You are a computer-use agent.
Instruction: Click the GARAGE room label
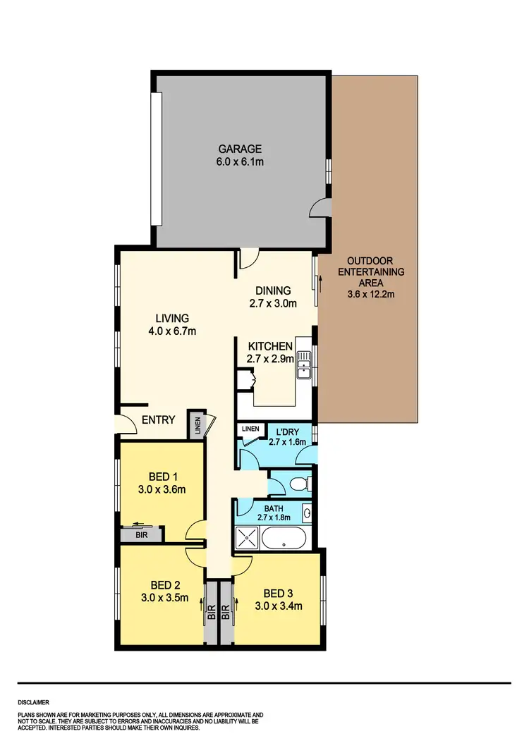pos(240,149)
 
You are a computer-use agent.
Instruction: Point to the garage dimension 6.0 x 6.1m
pos(240,162)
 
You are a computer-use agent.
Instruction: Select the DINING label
pos(273,290)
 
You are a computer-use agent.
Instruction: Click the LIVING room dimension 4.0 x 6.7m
pos(169,331)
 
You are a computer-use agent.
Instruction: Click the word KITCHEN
pos(270,346)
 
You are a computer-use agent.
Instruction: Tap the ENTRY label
pos(158,419)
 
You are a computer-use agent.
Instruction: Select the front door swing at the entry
pos(127,424)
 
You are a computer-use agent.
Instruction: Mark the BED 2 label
pos(166,584)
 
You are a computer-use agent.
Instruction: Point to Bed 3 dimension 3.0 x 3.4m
pos(279,605)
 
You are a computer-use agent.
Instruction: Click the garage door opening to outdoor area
pos(322,207)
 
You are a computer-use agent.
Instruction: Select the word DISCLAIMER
pos(34,702)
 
